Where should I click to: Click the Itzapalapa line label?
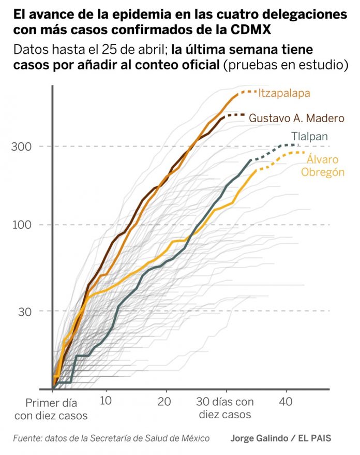(x=284, y=94)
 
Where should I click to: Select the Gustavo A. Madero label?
(x=296, y=118)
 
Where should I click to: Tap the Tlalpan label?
(x=309, y=137)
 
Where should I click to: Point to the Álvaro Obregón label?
(x=323, y=166)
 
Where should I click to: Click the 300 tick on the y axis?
(x=21, y=146)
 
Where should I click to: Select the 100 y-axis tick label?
(x=22, y=225)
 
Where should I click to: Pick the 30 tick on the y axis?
(x=25, y=312)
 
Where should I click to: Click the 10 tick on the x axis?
(x=106, y=401)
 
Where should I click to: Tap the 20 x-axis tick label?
(x=164, y=402)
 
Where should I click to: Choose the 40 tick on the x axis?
(x=286, y=402)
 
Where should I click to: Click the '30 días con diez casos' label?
(x=225, y=408)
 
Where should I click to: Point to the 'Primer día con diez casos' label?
(x=51, y=409)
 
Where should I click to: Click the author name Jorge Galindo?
(x=259, y=438)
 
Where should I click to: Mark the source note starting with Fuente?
(x=111, y=438)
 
